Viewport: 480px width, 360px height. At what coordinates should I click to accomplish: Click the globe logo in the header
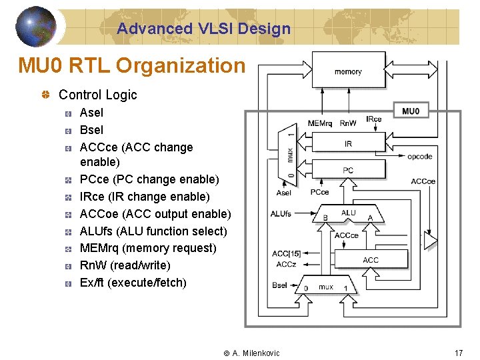click(35, 27)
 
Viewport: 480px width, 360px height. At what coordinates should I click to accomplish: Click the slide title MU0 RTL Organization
click(131, 66)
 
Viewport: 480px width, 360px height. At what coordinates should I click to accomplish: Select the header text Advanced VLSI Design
click(203, 29)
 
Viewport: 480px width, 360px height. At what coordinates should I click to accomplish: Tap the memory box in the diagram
click(347, 72)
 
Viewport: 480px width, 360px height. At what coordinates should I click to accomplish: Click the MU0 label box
click(411, 111)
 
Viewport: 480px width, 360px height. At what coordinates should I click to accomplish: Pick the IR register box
click(348, 144)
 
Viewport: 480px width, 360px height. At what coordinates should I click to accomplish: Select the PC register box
click(348, 171)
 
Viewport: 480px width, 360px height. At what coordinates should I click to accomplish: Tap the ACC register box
click(370, 259)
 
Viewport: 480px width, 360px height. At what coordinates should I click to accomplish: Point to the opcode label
click(419, 157)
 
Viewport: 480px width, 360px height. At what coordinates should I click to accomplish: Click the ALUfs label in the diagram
click(281, 214)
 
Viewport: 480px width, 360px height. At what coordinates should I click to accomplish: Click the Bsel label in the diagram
click(280, 285)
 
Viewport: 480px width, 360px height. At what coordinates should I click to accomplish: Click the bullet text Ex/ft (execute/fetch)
click(133, 283)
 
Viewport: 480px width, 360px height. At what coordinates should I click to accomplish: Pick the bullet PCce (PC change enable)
click(149, 179)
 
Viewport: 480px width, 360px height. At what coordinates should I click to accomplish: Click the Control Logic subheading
click(97, 95)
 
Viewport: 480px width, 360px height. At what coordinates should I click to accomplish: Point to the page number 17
click(458, 353)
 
